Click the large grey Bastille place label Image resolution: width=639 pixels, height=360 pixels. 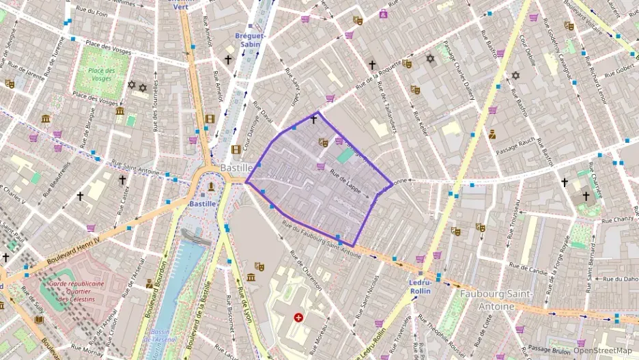tap(237, 168)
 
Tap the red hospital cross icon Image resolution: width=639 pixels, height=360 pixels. tap(298, 318)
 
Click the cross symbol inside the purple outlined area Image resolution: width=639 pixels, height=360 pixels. tap(313, 120)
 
